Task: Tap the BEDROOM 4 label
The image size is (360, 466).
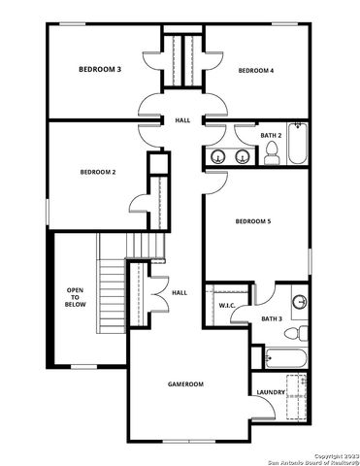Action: (x=256, y=70)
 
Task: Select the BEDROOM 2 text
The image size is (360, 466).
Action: (x=98, y=172)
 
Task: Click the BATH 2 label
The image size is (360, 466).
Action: (x=271, y=135)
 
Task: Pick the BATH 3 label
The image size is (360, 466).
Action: (x=272, y=317)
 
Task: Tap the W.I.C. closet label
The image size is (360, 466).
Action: (x=227, y=306)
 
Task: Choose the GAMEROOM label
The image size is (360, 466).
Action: (x=183, y=384)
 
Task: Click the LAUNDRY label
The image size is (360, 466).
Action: (x=271, y=392)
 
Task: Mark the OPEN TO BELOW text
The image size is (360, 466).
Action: (x=75, y=297)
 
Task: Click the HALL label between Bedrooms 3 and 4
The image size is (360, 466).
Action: (x=182, y=120)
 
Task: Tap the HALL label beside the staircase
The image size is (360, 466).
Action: (x=180, y=292)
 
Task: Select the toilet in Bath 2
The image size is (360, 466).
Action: (x=273, y=152)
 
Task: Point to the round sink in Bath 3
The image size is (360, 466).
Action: (x=299, y=301)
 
